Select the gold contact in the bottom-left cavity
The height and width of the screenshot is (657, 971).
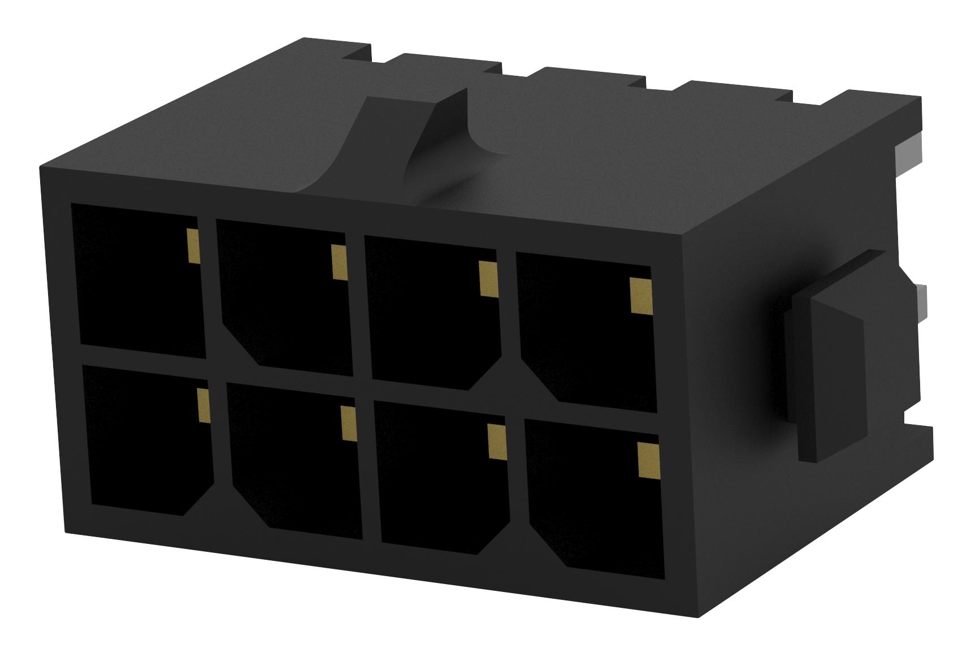click(x=203, y=405)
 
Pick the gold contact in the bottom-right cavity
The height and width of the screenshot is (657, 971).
click(x=647, y=460)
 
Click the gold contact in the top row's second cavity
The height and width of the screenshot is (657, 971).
click(x=338, y=262)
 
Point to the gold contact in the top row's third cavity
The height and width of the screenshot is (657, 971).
click(x=487, y=278)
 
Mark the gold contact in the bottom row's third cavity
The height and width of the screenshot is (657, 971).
click(x=496, y=442)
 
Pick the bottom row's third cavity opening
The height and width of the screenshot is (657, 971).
click(x=441, y=481)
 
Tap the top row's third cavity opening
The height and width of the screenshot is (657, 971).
click(x=432, y=317)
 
